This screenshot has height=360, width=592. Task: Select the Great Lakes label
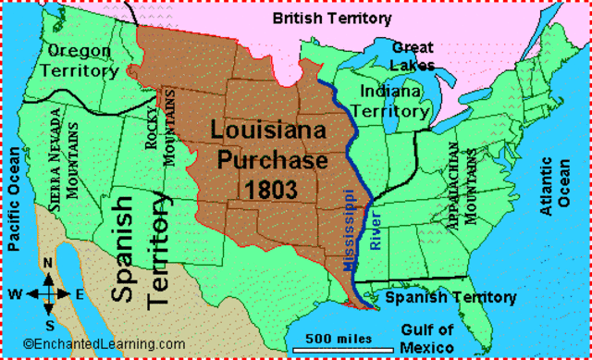[412, 55]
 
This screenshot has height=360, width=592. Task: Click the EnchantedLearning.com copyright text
[87, 343]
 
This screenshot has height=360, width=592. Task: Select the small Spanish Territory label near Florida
[450, 297]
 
